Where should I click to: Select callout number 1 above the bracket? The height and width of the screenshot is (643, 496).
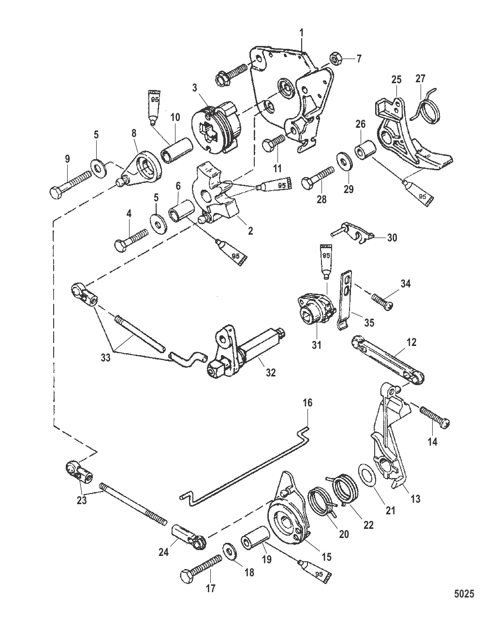pyautogui.click(x=302, y=33)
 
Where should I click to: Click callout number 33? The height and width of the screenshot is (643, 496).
pyautogui.click(x=105, y=358)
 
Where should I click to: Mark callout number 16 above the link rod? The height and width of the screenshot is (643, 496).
pyautogui.click(x=307, y=403)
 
